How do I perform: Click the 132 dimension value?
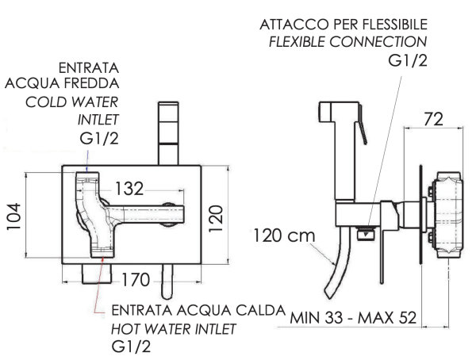pos(129,189)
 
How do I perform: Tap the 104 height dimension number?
pos(14,216)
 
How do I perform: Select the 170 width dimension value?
pos(136,280)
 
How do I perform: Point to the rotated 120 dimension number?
pos(216,219)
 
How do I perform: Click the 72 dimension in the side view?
pos(433,119)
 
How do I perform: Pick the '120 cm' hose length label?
pos(284,236)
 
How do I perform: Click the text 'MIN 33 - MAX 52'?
pos(353,318)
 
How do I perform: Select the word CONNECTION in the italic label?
pos(378,42)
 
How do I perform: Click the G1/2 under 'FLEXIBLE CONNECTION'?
pos(408,61)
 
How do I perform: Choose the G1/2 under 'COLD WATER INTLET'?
pos(99,139)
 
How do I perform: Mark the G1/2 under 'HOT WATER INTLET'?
pos(131,347)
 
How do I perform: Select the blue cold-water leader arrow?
pos(87,162)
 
